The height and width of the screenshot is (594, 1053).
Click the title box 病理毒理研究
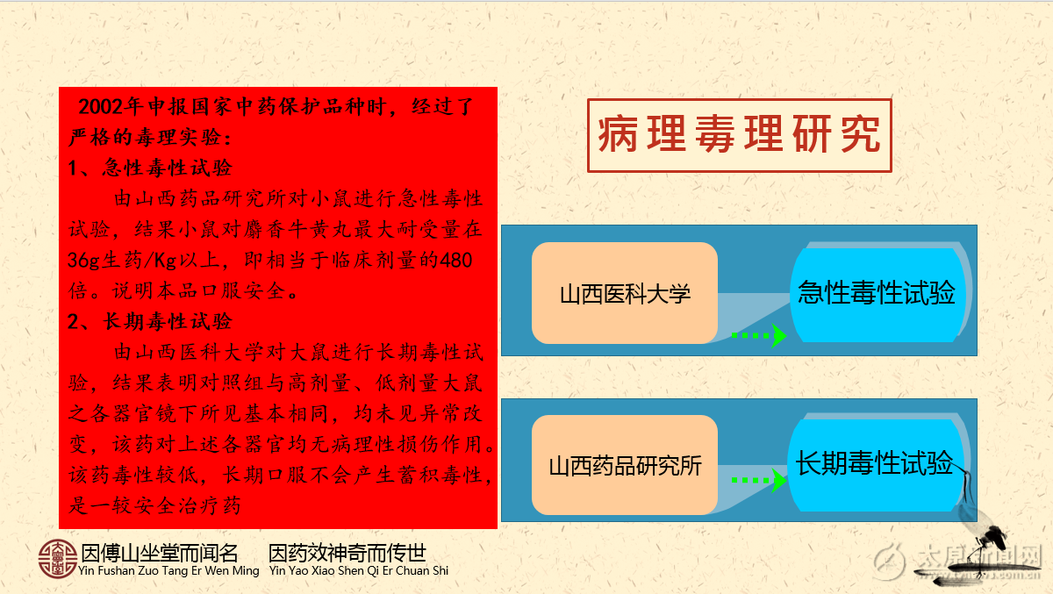coord(740,135)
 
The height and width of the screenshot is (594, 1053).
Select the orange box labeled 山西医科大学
coord(625,293)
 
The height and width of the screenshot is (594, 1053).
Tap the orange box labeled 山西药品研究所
coord(625,465)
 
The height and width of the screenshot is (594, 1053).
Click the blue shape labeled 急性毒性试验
coord(878,293)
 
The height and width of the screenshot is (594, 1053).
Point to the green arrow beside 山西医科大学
coord(759,335)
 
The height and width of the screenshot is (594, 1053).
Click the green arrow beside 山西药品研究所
coord(759,480)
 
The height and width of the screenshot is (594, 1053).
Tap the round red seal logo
coord(57,559)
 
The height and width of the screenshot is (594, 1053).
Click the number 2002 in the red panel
coord(101,107)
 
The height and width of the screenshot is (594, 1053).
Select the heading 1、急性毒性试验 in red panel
coord(150,168)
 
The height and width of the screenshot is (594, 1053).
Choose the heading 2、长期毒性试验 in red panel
coord(150,322)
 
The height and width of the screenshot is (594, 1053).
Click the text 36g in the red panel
coord(83,261)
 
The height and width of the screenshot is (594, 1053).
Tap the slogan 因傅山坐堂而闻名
coord(160,553)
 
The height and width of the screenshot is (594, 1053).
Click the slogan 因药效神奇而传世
coord(347,553)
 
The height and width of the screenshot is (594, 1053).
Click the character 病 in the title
coord(618,134)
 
